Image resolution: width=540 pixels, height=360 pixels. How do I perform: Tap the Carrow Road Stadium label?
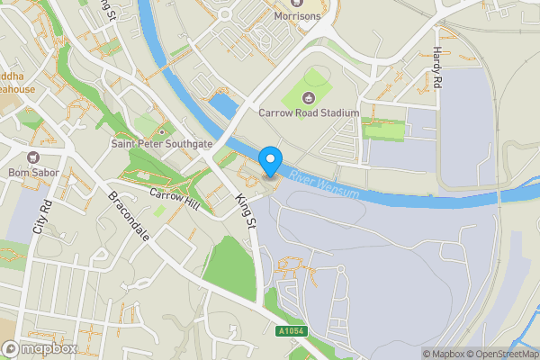[309, 112]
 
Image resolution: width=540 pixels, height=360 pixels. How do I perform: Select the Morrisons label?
[285, 16]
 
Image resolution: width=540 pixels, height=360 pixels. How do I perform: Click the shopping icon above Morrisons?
[285, 3]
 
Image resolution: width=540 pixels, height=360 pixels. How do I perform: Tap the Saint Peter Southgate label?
[161, 143]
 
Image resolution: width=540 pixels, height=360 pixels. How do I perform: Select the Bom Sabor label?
[31, 172]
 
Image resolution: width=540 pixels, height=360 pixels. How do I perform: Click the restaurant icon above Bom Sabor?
[31, 158]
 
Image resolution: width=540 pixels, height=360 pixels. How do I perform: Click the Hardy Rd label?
[437, 67]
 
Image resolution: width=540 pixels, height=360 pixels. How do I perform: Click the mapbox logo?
[40, 348]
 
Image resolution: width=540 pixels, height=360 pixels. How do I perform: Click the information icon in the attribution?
[427, 354]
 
